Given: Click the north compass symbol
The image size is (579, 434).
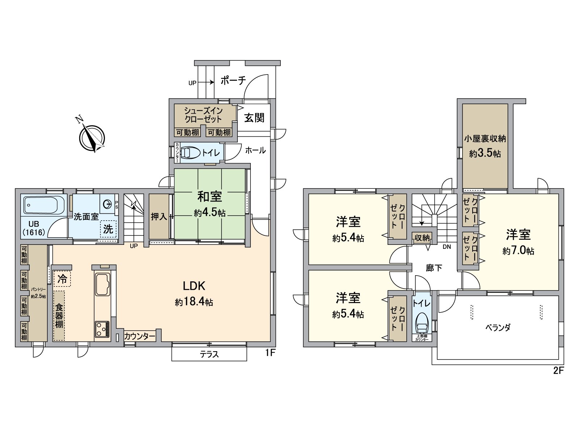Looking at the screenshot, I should [x=92, y=137].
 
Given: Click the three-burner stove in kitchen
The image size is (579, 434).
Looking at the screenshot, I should [x=102, y=329].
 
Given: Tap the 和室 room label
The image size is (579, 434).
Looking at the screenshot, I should [x=210, y=196].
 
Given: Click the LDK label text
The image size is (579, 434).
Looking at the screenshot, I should [x=194, y=286].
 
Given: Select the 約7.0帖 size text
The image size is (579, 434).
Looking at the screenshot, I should [x=518, y=251].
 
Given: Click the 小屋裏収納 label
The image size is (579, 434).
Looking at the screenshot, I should [x=485, y=139].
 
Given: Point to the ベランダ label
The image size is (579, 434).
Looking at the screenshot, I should [x=498, y=328].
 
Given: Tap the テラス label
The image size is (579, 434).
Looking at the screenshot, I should [x=209, y=354].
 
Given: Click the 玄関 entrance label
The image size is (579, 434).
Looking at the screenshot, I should [x=254, y=118].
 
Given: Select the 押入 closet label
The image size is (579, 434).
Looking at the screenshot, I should [x=159, y=217].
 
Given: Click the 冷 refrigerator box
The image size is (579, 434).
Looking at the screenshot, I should [x=63, y=279].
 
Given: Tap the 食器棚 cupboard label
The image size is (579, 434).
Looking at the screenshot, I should [x=59, y=316].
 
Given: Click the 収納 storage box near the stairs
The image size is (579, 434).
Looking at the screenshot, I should [x=422, y=238].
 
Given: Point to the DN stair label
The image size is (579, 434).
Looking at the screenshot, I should [x=447, y=247].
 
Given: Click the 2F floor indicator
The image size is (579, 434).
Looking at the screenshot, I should [x=558, y=371].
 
